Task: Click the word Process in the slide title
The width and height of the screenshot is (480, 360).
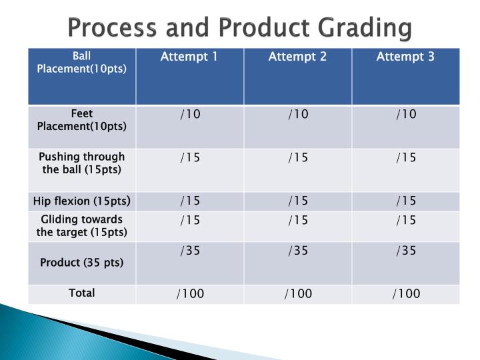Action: [x=111, y=28]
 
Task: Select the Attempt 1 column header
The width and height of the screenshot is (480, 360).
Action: [x=189, y=57]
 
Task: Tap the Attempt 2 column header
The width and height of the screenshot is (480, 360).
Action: [x=297, y=57]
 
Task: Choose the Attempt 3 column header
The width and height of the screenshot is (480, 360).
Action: [x=405, y=57]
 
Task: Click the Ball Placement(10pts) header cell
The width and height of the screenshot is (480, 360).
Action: [x=82, y=63]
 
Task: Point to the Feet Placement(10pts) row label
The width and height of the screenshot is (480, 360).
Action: [x=82, y=120]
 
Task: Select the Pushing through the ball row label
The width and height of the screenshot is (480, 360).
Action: [x=82, y=163]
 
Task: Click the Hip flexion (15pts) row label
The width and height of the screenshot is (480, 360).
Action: [x=82, y=201]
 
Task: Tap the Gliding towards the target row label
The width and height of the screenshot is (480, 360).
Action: [x=82, y=225]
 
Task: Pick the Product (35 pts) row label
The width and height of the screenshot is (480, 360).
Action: [x=82, y=262]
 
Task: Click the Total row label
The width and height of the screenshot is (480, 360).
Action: [x=82, y=293]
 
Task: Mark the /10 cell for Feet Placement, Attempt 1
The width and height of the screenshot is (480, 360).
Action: [x=189, y=115]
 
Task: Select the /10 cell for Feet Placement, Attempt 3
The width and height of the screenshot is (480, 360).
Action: [x=405, y=115]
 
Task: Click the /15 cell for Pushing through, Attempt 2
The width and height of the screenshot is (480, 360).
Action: [x=297, y=157]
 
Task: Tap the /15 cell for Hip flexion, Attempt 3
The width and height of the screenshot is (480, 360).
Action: [x=405, y=201]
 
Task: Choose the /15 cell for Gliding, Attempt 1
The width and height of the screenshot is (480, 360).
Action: [x=189, y=219]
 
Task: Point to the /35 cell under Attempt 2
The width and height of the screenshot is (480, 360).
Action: [x=297, y=251]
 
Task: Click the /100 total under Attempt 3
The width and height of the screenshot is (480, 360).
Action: [x=405, y=293]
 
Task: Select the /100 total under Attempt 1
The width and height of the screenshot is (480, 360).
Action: [x=189, y=293]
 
